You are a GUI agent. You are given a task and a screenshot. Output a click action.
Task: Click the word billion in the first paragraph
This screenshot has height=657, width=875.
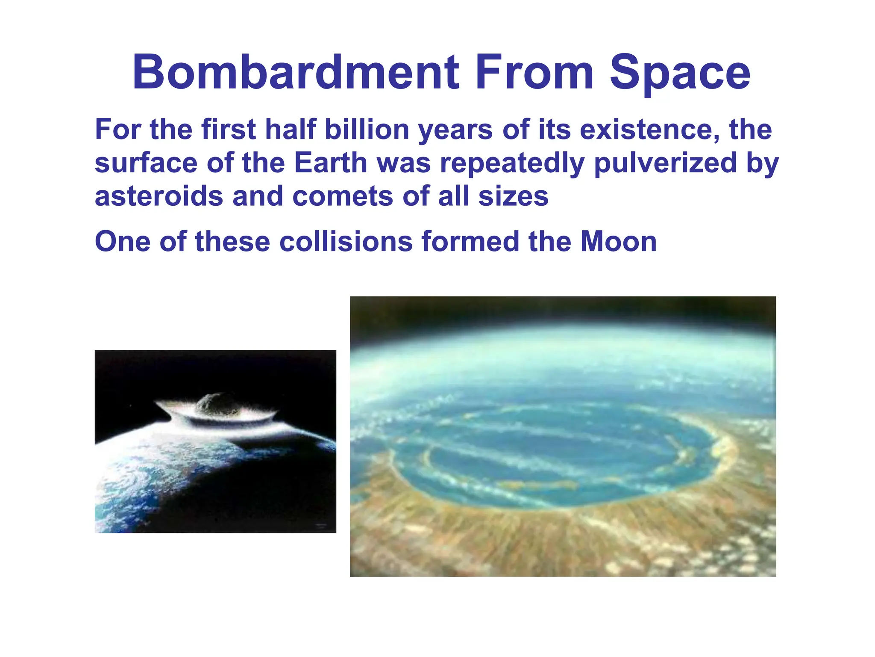[367, 129]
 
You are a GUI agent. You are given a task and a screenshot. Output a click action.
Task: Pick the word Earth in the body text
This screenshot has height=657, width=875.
[330, 163]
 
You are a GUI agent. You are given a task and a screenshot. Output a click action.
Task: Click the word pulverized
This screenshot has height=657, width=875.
[665, 163]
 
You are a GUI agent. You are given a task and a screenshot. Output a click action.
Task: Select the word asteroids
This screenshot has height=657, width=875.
[159, 196]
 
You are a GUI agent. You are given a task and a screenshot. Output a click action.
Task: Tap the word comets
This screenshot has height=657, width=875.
[342, 196]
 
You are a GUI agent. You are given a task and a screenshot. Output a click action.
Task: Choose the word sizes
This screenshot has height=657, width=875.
[513, 196]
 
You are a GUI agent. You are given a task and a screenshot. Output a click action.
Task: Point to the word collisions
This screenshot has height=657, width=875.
[346, 241]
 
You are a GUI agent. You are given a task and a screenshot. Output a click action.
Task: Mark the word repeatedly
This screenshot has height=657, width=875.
[512, 163]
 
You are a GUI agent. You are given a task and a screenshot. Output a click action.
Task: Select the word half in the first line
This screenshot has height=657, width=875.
[290, 129]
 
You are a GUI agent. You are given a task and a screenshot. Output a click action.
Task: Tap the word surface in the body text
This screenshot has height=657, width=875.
[146, 163]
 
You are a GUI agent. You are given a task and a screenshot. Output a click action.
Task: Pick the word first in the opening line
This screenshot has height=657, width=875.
[228, 129]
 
